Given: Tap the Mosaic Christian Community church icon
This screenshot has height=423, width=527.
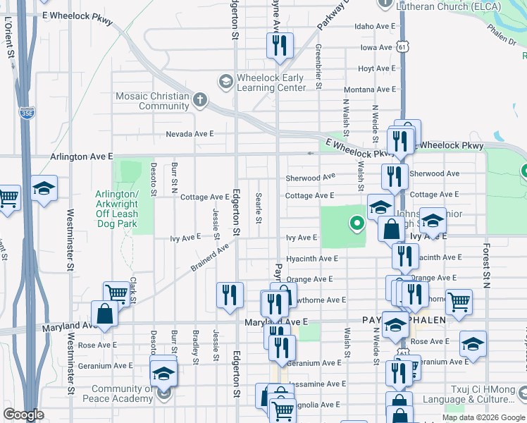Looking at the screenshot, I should click(x=200, y=99).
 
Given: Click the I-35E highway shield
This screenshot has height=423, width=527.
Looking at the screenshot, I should click(x=27, y=112).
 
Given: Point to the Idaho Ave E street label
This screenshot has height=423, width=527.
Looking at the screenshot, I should click(x=373, y=26).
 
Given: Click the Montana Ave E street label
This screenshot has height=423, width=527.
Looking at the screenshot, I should click(x=368, y=90).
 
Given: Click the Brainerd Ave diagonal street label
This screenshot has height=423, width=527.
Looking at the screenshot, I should click(x=209, y=257).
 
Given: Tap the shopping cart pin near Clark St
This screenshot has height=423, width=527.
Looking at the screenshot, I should click(x=116, y=293).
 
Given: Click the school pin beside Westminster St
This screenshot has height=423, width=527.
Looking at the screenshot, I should click(x=44, y=188).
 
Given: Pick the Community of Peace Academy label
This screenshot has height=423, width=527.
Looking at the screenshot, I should click(x=123, y=393).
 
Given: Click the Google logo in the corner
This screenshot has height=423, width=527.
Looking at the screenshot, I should click(x=24, y=415).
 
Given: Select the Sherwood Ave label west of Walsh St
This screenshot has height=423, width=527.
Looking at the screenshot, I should click(x=310, y=178).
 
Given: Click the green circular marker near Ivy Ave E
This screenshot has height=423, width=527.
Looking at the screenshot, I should click(x=357, y=225).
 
